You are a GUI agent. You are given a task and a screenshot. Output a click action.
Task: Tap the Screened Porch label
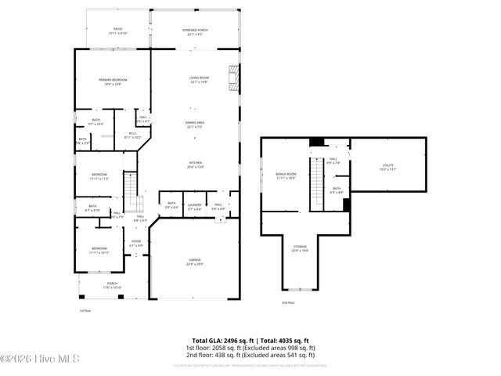click(x=194, y=31)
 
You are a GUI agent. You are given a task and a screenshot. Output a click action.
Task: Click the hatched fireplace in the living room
click(x=232, y=76)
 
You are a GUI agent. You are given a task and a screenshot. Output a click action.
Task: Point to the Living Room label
click(x=199, y=80)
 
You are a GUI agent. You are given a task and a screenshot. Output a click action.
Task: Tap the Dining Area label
click(x=195, y=125)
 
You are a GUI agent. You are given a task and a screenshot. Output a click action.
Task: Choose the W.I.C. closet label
click(x=133, y=135)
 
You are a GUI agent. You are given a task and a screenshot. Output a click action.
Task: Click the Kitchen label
click(x=195, y=164)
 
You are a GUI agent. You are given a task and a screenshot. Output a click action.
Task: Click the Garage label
click(x=195, y=262)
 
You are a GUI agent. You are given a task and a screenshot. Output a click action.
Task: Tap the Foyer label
click(x=136, y=243)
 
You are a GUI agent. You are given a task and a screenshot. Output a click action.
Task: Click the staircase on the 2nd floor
click(x=317, y=183)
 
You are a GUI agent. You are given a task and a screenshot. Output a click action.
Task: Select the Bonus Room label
click(x=287, y=175)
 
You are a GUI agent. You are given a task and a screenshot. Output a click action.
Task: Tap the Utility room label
click(x=387, y=167)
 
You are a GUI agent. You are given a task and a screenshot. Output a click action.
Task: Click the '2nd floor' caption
click(x=288, y=302)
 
